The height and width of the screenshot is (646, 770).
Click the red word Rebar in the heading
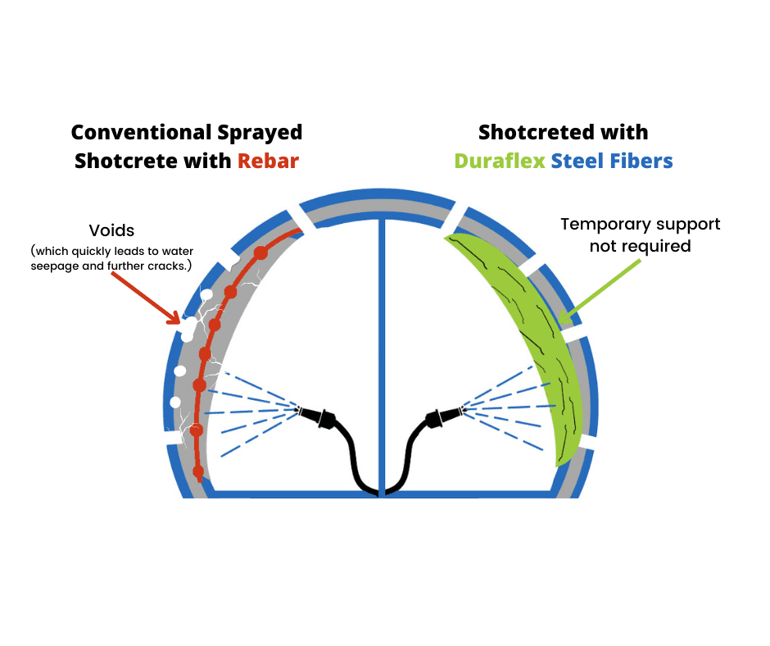tap(268, 161)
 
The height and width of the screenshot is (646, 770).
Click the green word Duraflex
tap(500, 161)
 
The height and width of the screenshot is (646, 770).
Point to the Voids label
tap(111, 230)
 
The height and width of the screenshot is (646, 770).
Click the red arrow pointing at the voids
tap(145, 296)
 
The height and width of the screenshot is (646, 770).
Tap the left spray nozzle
tap(317, 416)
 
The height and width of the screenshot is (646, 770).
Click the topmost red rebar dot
tap(260, 252)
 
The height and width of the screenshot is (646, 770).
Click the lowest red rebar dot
tap(197, 471)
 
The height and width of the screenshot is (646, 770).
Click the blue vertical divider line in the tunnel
tap(381, 344)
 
